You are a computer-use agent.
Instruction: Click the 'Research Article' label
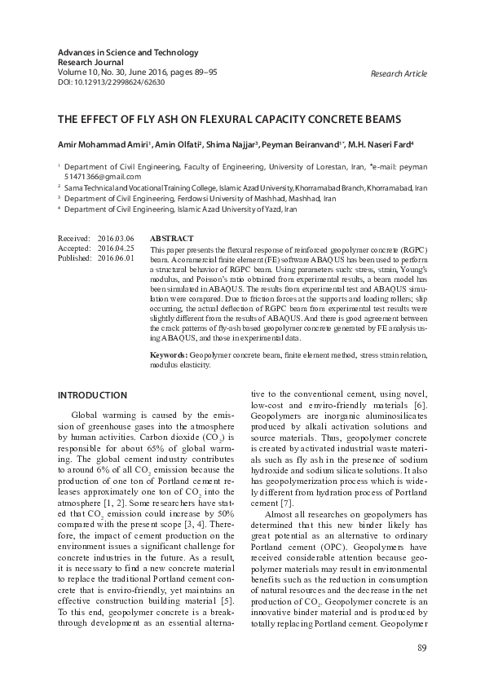point(399,74)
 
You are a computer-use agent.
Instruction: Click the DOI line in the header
point(112,81)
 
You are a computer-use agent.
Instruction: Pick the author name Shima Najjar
point(232,145)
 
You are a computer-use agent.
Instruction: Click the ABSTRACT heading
point(172,238)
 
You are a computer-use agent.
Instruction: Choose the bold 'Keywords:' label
point(170,356)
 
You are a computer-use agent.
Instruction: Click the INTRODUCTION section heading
point(92,395)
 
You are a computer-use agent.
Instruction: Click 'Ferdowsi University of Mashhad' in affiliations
point(245,198)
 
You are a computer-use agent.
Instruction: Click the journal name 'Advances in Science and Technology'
point(128,53)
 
